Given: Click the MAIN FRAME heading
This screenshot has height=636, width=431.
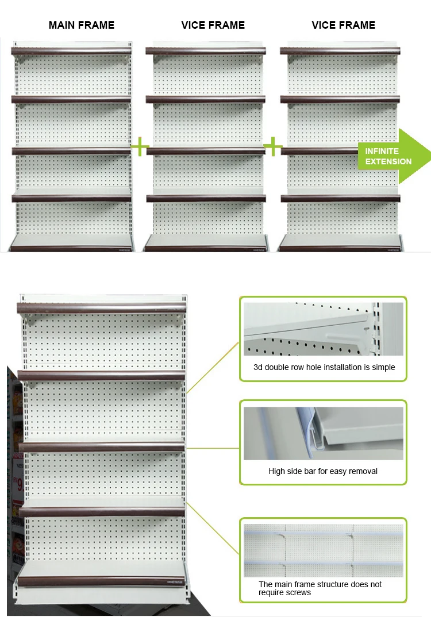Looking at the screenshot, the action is click(82, 25).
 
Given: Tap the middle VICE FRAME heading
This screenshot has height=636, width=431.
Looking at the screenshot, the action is click(213, 25).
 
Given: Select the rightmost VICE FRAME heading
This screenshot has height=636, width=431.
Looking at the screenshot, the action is click(344, 25).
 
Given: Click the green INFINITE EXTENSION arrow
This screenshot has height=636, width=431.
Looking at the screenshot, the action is click(394, 156).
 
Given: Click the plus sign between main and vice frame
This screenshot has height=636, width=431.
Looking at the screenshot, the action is click(140, 147).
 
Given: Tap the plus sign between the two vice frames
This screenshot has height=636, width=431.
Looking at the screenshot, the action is click(273, 147).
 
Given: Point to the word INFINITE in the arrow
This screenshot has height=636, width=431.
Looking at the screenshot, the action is click(382, 151).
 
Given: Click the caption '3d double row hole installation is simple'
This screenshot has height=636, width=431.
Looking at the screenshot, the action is click(324, 367).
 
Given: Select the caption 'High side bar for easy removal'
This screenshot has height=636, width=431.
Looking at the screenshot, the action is click(323, 471).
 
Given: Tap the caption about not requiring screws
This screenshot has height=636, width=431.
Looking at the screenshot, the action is click(320, 588).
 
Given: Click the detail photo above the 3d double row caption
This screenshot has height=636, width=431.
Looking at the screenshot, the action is click(323, 329).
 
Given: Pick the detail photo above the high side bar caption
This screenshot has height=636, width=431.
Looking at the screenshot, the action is click(323, 433).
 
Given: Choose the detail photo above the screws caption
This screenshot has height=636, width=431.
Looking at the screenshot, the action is click(323, 550).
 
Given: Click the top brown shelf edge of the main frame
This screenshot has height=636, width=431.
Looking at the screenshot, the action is click(72, 51).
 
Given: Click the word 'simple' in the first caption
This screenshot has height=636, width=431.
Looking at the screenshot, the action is click(383, 367).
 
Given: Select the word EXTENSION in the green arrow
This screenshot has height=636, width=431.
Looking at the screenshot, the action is click(388, 161).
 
